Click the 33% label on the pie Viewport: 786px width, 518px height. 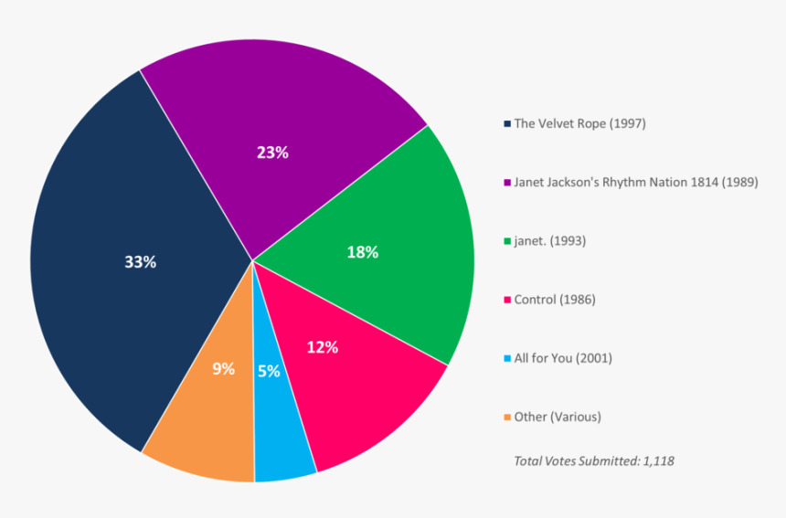[140, 262]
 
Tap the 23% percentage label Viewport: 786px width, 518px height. [272, 153]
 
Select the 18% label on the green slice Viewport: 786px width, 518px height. [362, 252]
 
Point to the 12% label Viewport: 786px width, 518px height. [323, 347]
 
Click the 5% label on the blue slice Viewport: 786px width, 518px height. [269, 371]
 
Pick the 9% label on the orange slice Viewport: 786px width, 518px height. [224, 369]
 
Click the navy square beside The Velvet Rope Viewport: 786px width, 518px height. [507, 123]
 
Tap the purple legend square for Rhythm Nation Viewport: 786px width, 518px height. [507, 182]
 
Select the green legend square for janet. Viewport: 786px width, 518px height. [507, 241]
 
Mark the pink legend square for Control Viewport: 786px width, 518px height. [507, 300]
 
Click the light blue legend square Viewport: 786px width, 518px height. [507, 358]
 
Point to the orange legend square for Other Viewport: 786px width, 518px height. [507, 418]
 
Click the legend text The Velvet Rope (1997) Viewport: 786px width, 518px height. [579, 123]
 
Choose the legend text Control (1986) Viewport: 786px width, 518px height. [555, 300]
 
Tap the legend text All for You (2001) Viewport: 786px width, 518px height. [563, 358]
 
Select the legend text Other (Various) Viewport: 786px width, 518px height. [558, 418]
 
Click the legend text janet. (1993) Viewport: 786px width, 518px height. [550, 241]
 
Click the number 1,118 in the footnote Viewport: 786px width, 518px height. [657, 461]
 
